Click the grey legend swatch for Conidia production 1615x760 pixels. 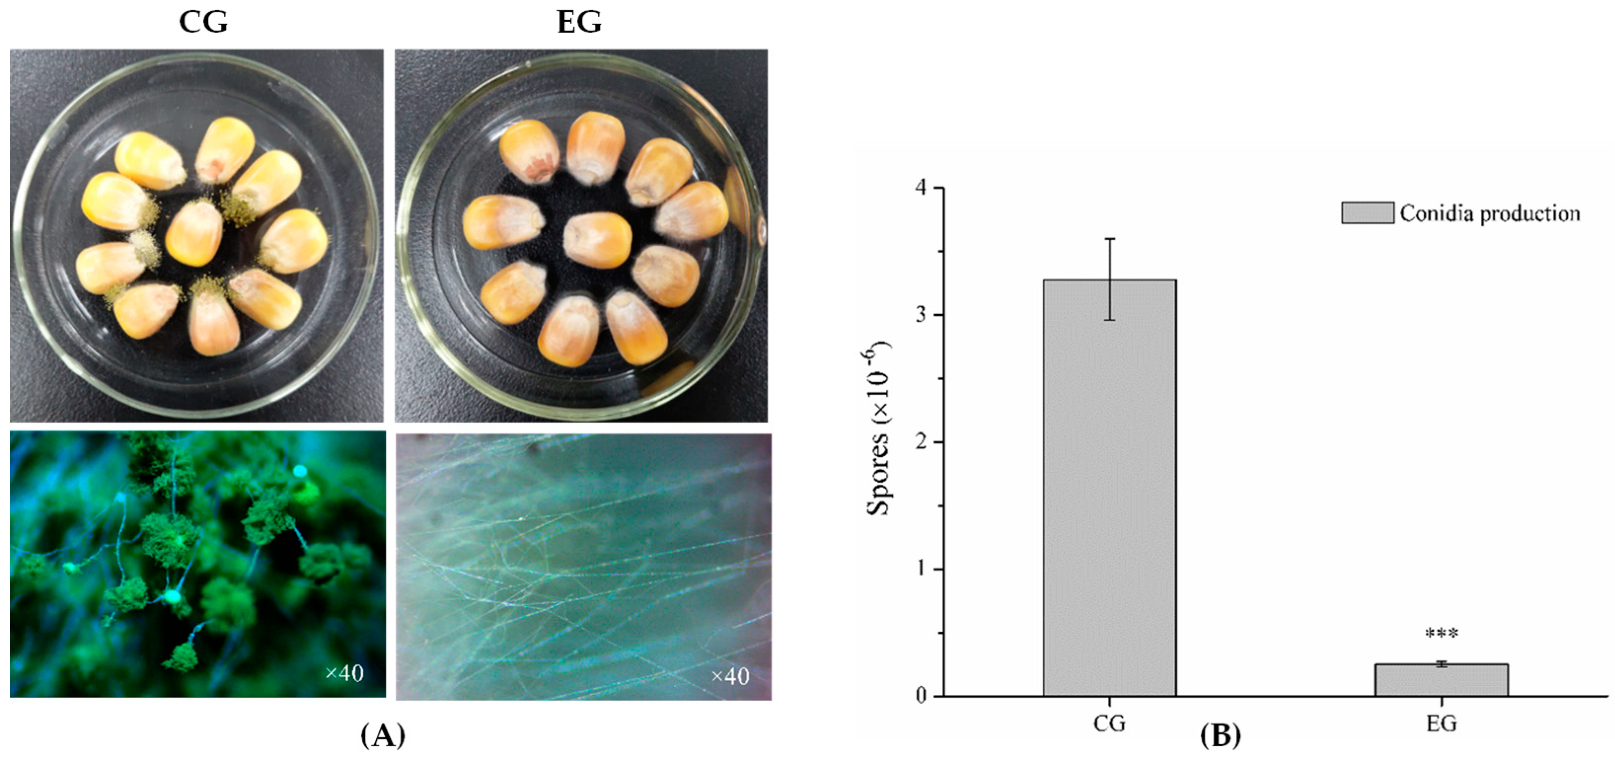tap(1367, 213)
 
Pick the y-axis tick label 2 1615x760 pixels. tap(921, 442)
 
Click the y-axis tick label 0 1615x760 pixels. tap(921, 696)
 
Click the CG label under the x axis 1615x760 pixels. tap(1109, 724)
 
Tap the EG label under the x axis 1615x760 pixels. tap(1441, 724)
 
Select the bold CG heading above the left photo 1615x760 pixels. tap(203, 23)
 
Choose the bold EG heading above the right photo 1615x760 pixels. tap(579, 23)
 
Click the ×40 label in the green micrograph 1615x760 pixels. tap(344, 674)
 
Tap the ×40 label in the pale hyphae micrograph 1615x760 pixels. tap(730, 676)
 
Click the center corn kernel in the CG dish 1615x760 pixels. tap(194, 234)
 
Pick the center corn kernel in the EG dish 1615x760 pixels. tap(597, 240)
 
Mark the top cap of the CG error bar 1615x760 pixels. tap(1110, 239)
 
